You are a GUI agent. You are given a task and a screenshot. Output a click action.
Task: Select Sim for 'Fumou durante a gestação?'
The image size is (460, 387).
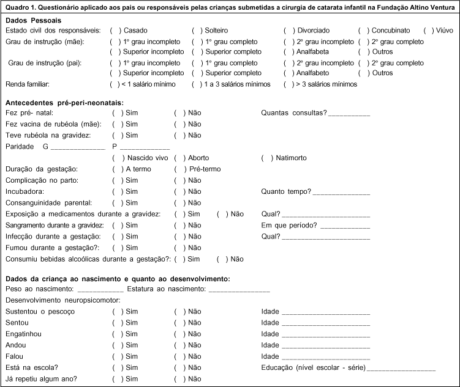tap(117, 248)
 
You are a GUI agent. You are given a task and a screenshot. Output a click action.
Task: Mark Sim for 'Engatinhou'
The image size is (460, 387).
tap(117, 334)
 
